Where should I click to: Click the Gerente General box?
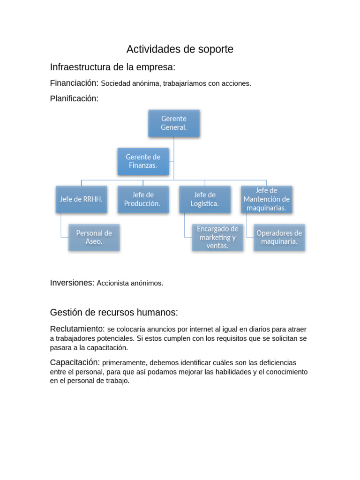pos(174,123)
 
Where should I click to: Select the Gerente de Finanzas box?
pos(143,161)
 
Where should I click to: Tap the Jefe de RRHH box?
pos(81,199)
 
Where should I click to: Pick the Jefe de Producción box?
pos(143,199)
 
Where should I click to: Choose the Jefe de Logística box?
pos(205,199)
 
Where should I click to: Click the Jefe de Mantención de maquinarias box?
pos(266,199)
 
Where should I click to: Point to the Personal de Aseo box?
pos(94,237)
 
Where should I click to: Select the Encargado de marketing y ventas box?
pos(217,237)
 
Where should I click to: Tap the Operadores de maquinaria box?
pos(279,237)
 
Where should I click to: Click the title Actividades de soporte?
pos(180,49)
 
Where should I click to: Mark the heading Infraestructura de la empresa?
pos(112,67)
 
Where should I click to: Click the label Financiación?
pos(74,83)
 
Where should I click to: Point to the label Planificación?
pos(74,98)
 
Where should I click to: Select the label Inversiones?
pos(72,283)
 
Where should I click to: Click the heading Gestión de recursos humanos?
pos(114,312)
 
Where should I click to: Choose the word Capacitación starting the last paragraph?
pos(75,362)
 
